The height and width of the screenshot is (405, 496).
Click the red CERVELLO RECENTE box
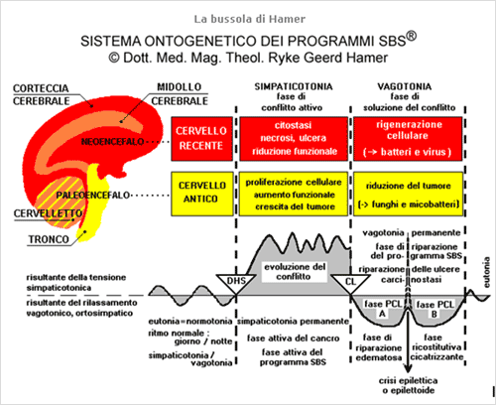201,139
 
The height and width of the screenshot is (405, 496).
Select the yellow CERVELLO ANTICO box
201,194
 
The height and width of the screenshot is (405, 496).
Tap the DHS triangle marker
236,283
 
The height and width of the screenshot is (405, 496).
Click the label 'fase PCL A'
382,309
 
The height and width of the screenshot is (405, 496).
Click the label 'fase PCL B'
434,309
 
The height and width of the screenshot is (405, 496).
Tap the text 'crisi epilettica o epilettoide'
409,385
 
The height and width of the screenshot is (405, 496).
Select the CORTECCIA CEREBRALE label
41,94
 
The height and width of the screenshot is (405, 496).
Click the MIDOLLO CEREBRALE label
180,93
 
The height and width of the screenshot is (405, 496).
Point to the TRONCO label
49,239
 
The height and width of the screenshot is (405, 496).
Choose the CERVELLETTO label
48,213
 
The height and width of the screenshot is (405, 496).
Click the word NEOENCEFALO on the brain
112,142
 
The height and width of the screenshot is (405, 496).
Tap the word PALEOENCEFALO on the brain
92,196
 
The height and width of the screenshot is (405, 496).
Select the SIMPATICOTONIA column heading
294,86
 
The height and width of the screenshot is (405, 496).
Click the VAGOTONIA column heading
405,86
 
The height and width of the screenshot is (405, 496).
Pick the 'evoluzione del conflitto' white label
295,271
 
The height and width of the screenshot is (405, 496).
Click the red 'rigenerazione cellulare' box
408,139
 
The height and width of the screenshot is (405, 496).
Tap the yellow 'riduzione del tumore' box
409,194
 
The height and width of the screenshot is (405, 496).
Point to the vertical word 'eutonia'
486,272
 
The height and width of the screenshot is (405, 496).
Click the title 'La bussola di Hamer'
250,19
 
